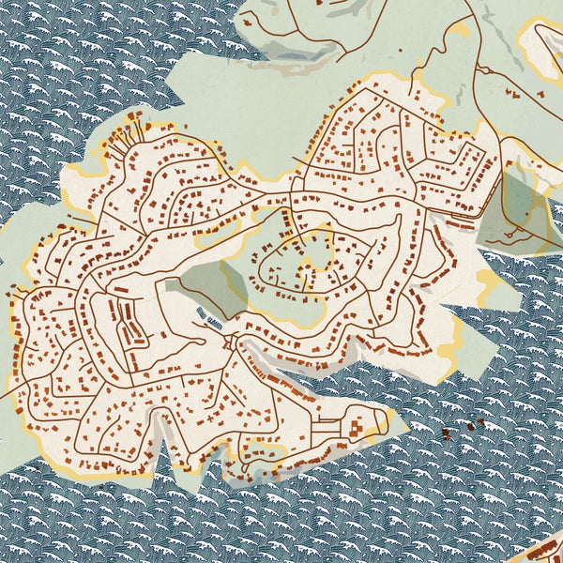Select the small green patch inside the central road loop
click(x=316, y=251)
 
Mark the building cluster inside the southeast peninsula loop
click(x=357, y=428)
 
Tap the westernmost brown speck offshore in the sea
click(x=443, y=432)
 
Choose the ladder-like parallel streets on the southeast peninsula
click(x=324, y=428)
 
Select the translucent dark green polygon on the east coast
click(x=511, y=211)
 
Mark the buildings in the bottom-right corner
click(x=544, y=549)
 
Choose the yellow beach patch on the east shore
click(x=488, y=281)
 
